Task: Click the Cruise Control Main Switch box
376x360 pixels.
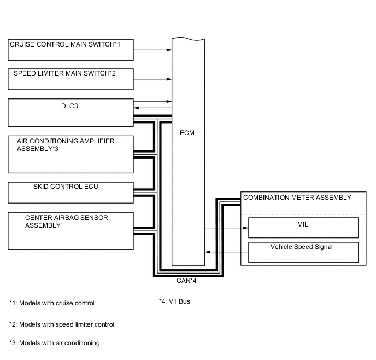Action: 70,49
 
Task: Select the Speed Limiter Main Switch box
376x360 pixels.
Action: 70,79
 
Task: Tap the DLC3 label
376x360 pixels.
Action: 69,106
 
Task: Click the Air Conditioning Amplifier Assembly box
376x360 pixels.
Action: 70,154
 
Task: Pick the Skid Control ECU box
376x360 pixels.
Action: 70,192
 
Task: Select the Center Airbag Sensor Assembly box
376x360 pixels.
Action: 70,231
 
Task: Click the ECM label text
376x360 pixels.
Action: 187,133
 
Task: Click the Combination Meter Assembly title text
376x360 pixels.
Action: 297,198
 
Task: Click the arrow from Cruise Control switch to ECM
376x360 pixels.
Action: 152,50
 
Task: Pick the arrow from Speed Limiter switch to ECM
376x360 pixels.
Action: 152,79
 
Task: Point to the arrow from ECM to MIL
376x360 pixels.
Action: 226,227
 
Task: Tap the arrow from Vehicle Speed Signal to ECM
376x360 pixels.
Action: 226,252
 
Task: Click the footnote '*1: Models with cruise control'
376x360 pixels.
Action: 52,303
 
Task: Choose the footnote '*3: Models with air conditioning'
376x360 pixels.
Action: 55,343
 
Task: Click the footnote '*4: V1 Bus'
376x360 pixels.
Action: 174,301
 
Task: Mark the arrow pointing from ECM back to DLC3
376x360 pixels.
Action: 152,108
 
